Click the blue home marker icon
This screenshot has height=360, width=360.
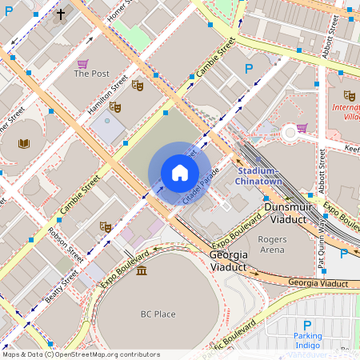[180, 173]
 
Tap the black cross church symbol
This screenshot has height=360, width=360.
[61, 14]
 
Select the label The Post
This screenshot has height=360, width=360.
[91, 74]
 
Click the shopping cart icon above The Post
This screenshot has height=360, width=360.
[82, 62]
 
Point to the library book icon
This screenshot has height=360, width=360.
[25, 143]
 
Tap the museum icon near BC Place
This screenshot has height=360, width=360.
[142, 271]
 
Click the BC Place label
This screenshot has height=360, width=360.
[158, 314]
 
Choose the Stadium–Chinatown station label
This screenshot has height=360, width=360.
[257, 177]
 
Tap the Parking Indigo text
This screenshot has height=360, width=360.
[307, 340]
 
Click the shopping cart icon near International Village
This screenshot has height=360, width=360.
[301, 127]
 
